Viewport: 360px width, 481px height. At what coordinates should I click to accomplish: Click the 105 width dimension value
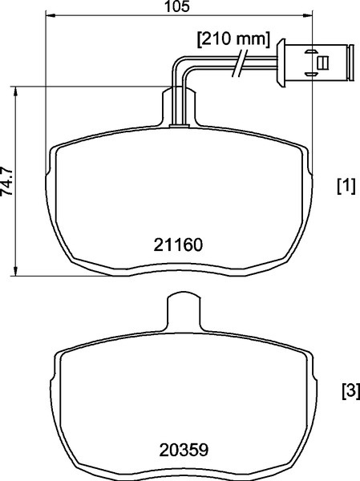click(x=177, y=6)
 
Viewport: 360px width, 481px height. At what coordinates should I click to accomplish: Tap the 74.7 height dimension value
click(x=6, y=181)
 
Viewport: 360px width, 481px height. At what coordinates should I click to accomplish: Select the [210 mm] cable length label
click(x=233, y=39)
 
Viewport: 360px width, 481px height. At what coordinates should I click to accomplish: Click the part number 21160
click(x=178, y=245)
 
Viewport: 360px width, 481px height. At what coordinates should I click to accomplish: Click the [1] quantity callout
click(x=346, y=186)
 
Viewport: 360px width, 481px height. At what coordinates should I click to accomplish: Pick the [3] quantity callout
click(x=350, y=391)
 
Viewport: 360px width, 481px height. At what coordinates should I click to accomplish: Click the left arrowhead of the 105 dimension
click(x=51, y=15)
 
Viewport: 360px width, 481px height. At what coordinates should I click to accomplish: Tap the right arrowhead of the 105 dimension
click(x=307, y=15)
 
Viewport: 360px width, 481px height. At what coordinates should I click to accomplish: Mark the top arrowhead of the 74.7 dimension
click(x=15, y=91)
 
